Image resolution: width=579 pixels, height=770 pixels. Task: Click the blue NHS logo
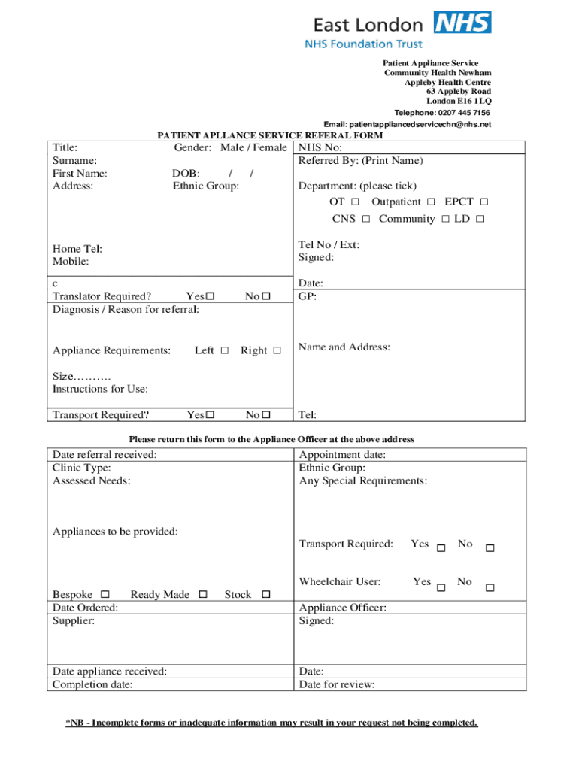(462, 22)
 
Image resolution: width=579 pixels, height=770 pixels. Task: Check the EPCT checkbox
(484, 202)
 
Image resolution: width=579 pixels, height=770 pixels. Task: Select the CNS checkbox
(365, 220)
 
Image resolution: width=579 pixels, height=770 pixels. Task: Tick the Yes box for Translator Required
(211, 297)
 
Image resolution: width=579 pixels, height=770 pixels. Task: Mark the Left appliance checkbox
(224, 351)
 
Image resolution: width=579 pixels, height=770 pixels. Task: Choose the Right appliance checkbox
(277, 351)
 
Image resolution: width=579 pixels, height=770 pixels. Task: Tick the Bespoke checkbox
(105, 595)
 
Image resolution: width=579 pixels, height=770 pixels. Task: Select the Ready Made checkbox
(202, 595)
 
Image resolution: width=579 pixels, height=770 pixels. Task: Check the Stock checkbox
(265, 595)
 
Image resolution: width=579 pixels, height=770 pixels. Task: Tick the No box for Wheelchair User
(490, 587)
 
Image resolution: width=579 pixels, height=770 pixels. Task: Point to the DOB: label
(186, 174)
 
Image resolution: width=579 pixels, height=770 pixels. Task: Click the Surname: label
(74, 161)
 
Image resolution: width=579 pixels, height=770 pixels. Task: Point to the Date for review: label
(336, 684)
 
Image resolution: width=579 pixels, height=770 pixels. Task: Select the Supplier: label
(74, 620)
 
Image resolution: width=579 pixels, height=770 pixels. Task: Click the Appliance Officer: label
(342, 608)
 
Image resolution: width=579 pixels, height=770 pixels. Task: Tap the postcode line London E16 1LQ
(459, 101)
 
